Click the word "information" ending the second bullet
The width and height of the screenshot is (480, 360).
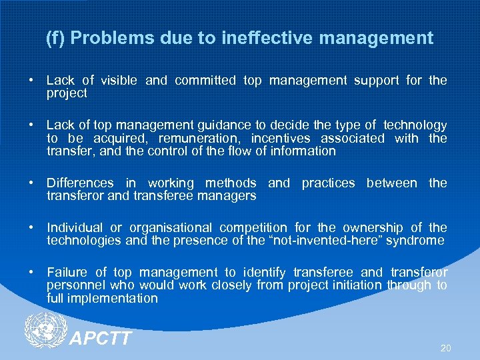click(305, 151)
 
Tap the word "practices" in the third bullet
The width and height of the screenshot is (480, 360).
click(328, 183)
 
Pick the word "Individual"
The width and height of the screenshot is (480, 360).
click(75, 228)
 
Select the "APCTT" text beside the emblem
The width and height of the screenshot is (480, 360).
click(101, 339)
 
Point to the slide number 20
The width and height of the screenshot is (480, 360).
click(445, 348)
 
